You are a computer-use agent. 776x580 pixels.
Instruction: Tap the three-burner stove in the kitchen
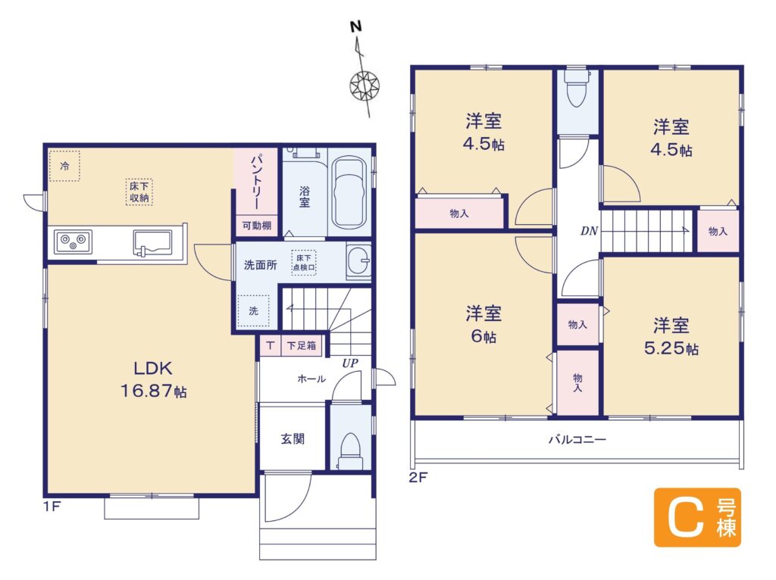(x=73, y=242)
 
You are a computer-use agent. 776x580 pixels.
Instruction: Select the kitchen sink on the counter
(x=152, y=243)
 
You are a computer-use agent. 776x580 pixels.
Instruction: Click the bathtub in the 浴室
(x=349, y=195)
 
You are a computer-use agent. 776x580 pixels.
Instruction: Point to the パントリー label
(x=256, y=182)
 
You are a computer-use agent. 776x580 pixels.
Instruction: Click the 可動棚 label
(x=256, y=226)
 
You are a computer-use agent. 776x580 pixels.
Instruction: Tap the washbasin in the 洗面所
(x=358, y=261)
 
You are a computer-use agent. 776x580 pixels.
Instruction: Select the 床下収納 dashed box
(x=139, y=192)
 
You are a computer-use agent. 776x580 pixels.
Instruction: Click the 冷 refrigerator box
(x=64, y=166)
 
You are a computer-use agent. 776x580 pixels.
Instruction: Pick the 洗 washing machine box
(x=253, y=311)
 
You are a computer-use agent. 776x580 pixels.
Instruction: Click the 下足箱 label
(x=302, y=345)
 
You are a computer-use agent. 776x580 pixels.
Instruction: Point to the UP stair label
(x=350, y=363)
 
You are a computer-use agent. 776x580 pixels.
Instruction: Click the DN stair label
(x=589, y=231)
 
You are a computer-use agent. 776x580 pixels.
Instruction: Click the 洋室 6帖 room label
(x=483, y=324)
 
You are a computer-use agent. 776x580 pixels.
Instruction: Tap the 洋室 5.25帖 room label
(x=671, y=337)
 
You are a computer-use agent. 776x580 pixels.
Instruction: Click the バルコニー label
(x=577, y=439)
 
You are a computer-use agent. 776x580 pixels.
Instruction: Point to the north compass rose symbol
(x=365, y=86)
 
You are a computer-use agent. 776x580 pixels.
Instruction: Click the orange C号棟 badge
(x=697, y=518)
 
